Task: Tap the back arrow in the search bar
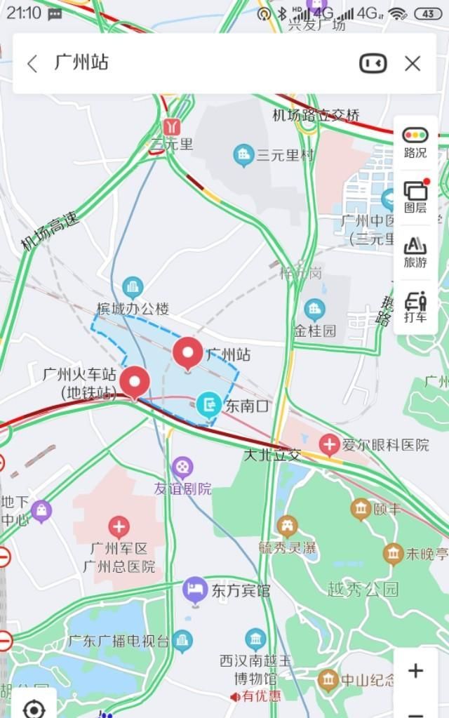coord(32,64)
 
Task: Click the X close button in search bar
coord(413,64)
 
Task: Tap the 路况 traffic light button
coord(415,142)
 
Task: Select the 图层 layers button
coord(415,197)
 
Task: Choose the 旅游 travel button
coord(415,251)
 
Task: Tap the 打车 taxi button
coord(415,306)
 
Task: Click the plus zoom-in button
coord(415,670)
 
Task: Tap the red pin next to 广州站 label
coord(187,353)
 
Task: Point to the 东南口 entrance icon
coord(208,404)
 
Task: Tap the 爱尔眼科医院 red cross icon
coord(329,444)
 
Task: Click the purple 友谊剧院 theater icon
coord(182,467)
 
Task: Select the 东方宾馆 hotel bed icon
coord(194,590)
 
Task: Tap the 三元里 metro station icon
coord(171,126)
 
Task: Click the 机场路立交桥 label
coord(316,115)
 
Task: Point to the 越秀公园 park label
coord(363,588)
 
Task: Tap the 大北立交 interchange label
coord(272,455)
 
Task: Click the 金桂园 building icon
coord(314,308)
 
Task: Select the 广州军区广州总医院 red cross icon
coord(119,527)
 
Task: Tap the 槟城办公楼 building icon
coord(132,287)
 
